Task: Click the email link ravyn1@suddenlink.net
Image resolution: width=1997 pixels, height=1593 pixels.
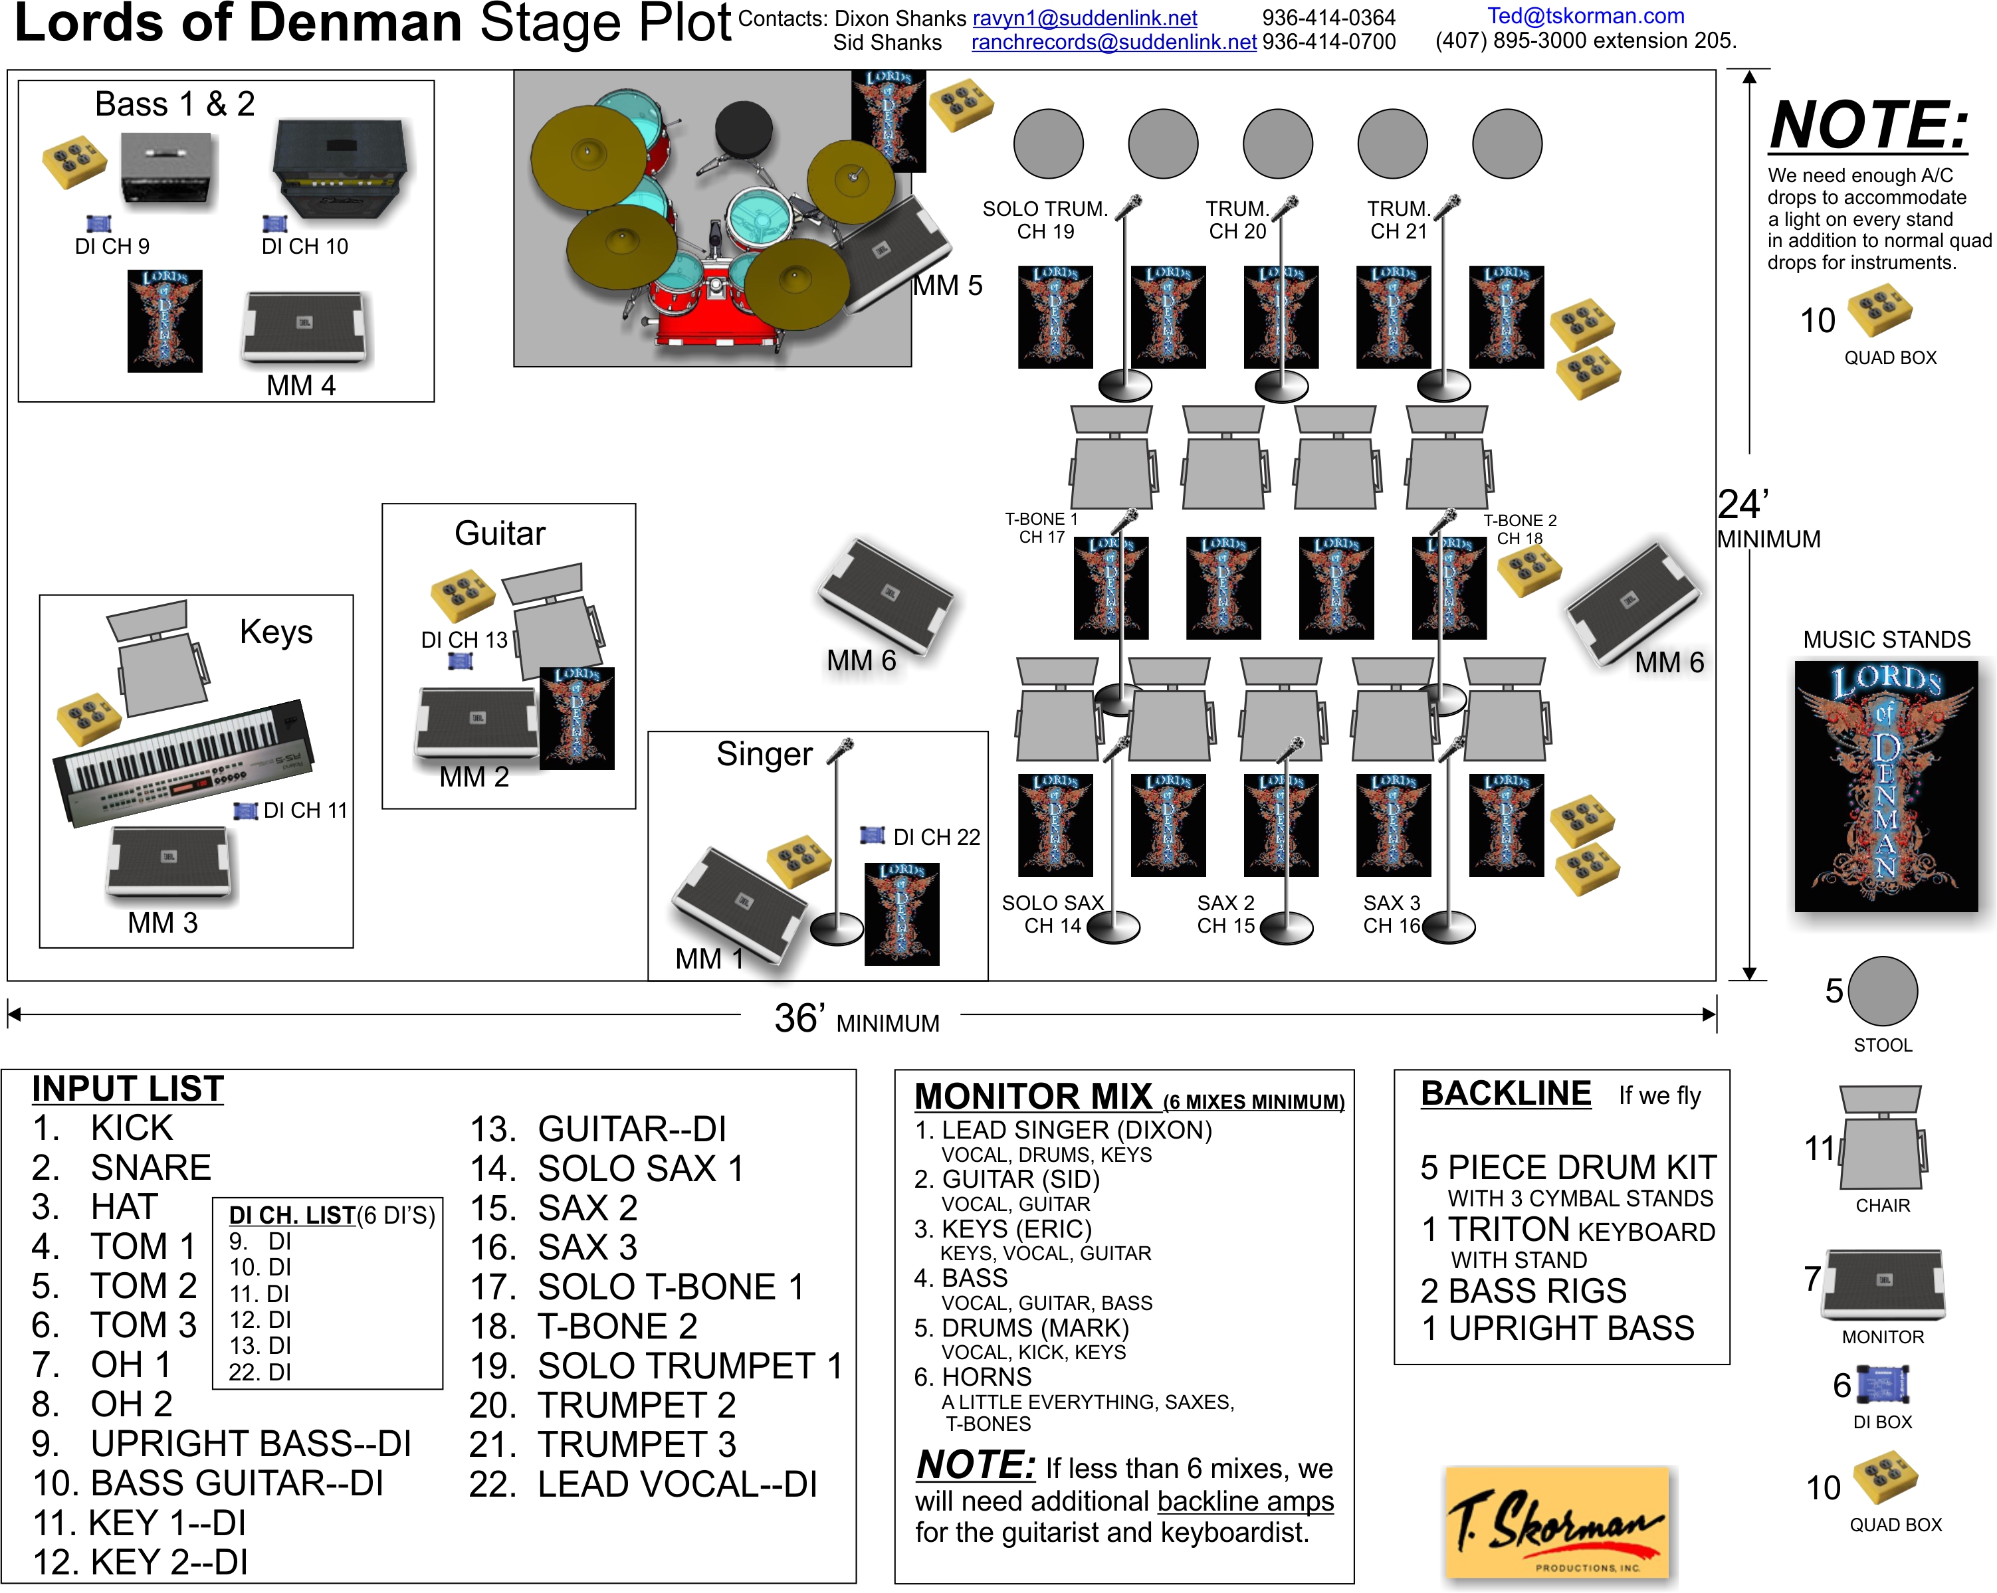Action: [1084, 19]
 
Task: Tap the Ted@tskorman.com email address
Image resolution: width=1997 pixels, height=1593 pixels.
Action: [1585, 16]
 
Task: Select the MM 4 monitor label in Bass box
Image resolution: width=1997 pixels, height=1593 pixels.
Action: [300, 385]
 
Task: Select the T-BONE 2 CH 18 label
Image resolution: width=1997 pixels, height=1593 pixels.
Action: [1520, 529]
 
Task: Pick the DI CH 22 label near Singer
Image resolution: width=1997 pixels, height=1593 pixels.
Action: [936, 837]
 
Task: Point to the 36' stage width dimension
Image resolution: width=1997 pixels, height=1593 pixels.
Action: [856, 1020]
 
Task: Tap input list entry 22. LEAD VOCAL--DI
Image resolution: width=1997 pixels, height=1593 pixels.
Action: [643, 1485]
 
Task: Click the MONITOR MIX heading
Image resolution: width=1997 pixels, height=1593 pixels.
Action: [1033, 1097]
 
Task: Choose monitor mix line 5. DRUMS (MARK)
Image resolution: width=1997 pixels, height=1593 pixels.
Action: [1021, 1328]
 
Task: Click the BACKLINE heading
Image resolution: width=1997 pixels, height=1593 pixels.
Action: [1505, 1094]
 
